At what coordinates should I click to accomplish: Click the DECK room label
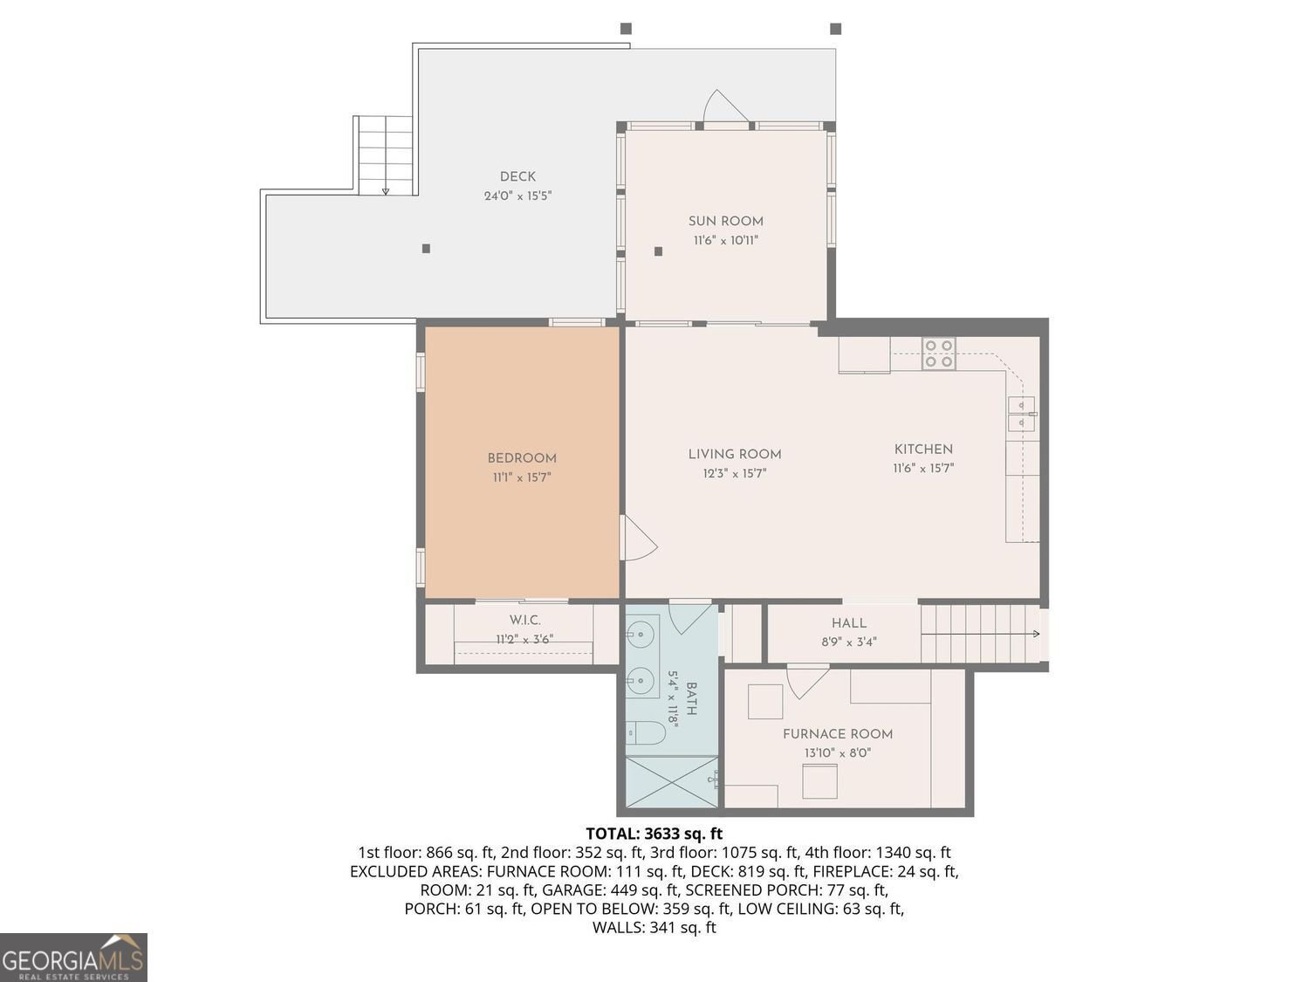pos(517,176)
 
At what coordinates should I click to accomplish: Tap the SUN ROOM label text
pos(726,221)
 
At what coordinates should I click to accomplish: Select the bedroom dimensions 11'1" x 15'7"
pos(522,477)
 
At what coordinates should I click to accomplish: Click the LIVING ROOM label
pos(735,454)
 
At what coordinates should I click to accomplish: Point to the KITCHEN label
pos(923,450)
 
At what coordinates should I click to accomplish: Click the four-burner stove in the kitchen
pos(939,353)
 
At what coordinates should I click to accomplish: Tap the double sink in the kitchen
pos(1022,414)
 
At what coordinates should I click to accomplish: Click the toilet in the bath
pos(645,732)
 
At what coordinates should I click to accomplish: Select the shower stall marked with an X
pos(672,781)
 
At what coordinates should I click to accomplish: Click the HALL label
pos(848,623)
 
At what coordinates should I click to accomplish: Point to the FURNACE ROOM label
pos(838,735)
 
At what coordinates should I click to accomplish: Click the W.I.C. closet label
pos(524,621)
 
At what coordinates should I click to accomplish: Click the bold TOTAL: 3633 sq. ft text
pos(654,834)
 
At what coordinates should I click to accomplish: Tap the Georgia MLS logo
pos(73,958)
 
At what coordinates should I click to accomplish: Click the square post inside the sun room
pos(658,251)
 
